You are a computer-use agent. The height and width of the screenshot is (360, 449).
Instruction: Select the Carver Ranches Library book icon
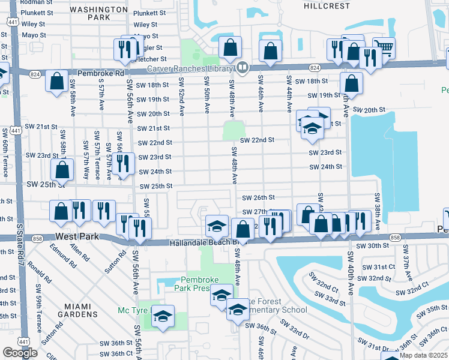pos(243,67)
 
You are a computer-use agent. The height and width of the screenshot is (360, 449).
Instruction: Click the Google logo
pos(20,353)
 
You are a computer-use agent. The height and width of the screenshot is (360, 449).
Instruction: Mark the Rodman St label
pos(34,2)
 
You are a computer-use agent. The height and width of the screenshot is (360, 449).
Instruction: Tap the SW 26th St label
pos(258,197)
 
